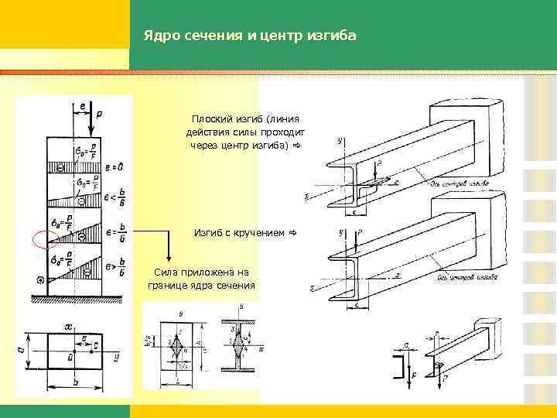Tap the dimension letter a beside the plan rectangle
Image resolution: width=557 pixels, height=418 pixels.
pyautogui.click(x=19, y=350)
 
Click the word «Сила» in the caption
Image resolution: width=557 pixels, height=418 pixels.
pyautogui.click(x=166, y=272)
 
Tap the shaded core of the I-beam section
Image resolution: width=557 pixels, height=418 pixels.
pyautogui.click(x=240, y=344)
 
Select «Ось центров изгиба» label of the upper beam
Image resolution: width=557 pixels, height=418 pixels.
pyautogui.click(x=455, y=184)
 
